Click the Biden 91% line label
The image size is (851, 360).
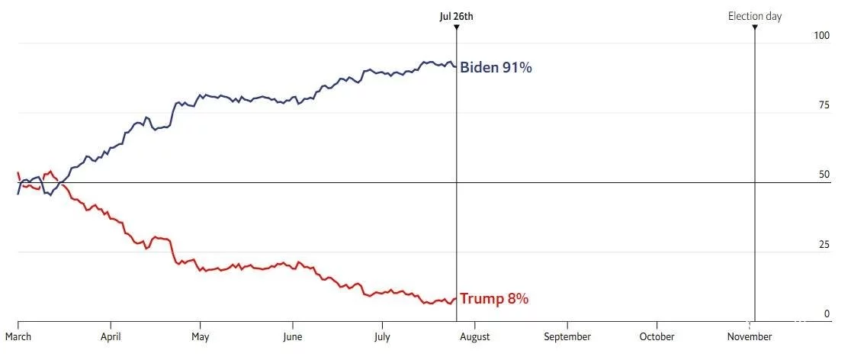[x=496, y=68]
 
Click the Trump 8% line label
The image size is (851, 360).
[x=494, y=299]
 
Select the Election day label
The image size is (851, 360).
[x=754, y=16]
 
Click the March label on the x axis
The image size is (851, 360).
[x=18, y=336]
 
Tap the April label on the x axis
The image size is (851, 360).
[x=111, y=336]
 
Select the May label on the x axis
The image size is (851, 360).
[x=200, y=336]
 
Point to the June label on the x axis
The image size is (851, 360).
[x=292, y=336]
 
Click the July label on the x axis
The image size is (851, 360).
[x=382, y=336]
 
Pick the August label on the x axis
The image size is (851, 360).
[x=474, y=336]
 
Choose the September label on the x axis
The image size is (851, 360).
[x=567, y=336]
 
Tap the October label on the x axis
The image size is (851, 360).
[x=657, y=336]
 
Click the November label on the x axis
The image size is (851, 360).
[x=749, y=336]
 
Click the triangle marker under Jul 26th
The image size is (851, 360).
[x=456, y=28]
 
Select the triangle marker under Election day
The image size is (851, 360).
[x=754, y=28]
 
